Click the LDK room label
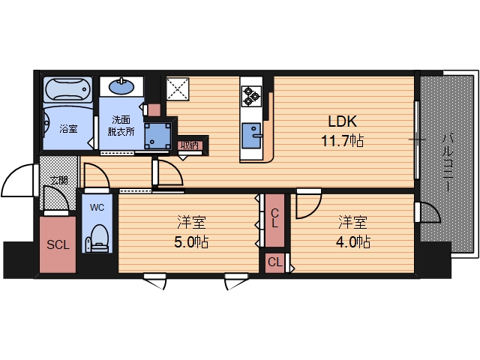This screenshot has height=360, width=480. coord(342,121)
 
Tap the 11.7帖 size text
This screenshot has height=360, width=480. coord(342,141)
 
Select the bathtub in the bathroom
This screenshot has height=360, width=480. coord(67,89)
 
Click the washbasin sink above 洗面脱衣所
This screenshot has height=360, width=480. coord(121,86)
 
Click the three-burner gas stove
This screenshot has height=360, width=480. coord(251,96)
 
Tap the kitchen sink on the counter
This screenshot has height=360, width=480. coord(252,136)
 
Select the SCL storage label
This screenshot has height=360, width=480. coord(58,244)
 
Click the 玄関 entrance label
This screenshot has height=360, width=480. coord(59,180)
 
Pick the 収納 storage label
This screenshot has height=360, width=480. coord(190,145)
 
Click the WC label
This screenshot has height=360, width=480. coord(97,207)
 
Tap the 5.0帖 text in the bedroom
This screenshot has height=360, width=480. coord(192,242)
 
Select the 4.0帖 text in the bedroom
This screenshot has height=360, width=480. coord(353,242)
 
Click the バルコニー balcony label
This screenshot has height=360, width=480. coord(448,162)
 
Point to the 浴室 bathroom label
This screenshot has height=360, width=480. coord(68,128)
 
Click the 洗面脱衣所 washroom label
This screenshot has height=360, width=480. coord(121,126)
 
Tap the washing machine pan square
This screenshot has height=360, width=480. coord(157,135)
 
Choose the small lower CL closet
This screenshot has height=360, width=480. coord(275,262)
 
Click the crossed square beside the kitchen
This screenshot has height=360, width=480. coord(178,88)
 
